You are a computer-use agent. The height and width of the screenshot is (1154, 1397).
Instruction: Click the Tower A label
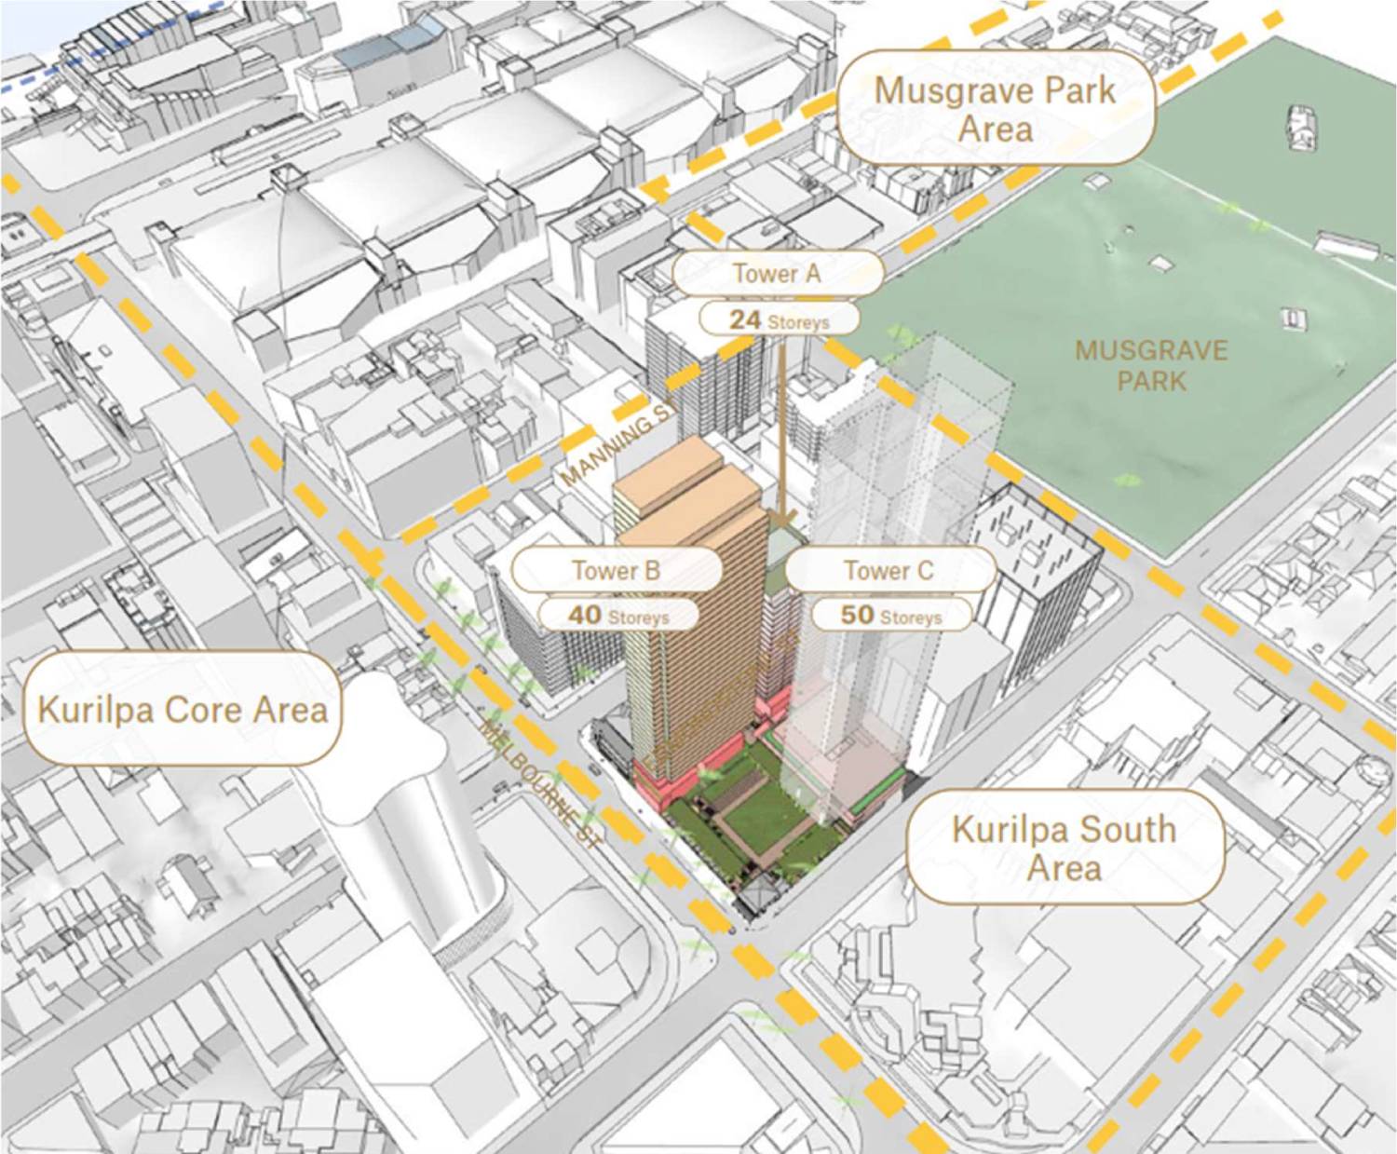777,274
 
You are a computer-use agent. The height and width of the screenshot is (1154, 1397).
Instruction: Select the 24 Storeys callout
779,320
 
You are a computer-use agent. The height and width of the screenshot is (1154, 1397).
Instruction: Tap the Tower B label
616,570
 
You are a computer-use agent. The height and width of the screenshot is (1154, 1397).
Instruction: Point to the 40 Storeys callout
618,616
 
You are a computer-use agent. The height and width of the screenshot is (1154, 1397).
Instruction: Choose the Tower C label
888,570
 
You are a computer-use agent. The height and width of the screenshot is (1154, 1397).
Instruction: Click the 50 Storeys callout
891,616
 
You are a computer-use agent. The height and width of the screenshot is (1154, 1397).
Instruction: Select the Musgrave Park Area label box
995,108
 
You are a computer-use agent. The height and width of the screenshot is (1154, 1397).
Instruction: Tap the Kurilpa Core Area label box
183,710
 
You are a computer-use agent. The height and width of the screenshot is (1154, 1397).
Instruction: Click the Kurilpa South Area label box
1065,848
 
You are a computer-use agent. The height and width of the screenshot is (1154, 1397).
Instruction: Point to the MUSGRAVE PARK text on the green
1151,365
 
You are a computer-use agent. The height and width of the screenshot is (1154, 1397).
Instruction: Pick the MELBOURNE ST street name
540,781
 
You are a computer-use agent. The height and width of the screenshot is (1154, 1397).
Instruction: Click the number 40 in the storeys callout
585,616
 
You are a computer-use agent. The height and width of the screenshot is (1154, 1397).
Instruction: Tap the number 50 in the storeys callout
857,616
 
